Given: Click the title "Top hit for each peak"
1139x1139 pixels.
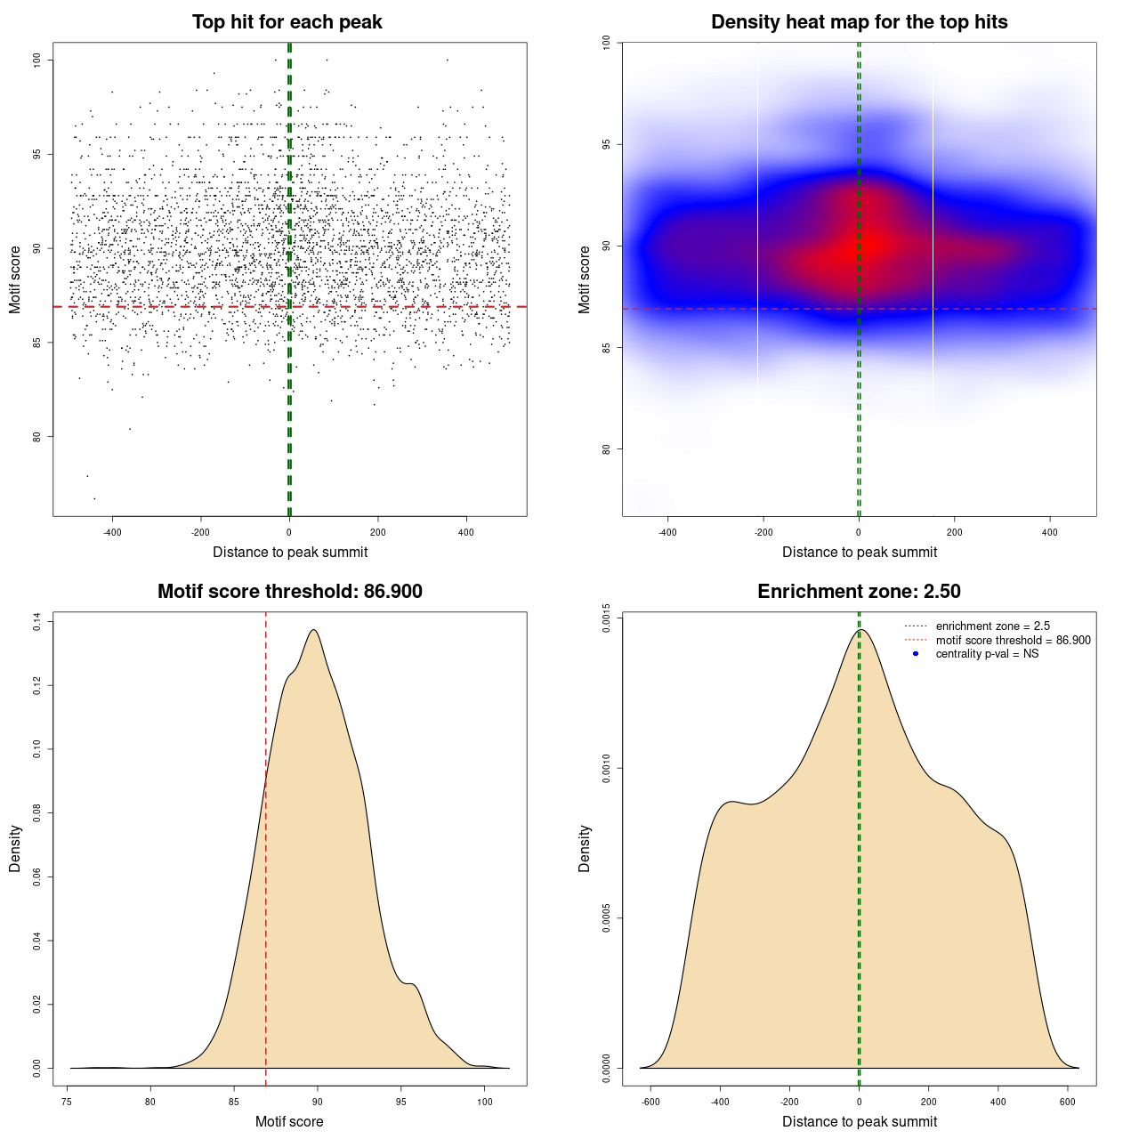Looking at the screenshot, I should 287,22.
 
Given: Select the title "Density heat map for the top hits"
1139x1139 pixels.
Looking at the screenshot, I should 859,22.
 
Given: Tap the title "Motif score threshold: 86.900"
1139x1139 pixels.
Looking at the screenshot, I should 289,592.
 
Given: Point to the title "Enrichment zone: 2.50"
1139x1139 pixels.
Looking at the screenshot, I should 859,592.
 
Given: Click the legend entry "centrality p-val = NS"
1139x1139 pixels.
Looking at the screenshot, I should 987,654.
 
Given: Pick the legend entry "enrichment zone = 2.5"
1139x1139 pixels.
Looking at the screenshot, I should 992,626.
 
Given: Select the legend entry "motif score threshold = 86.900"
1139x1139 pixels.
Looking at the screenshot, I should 1013,641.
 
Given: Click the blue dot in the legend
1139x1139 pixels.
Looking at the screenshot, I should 916,654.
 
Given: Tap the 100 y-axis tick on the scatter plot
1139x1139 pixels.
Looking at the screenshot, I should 36,60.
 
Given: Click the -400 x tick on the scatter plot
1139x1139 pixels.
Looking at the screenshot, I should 112,532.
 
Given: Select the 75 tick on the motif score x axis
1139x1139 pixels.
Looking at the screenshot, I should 67,1102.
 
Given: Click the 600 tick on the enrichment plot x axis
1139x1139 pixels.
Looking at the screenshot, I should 1068,1102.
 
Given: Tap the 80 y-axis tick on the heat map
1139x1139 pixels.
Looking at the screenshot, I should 606,448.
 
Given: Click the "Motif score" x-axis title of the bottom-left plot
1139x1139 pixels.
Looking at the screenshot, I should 289,1121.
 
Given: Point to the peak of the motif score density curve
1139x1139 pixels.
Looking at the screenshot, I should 314,630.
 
